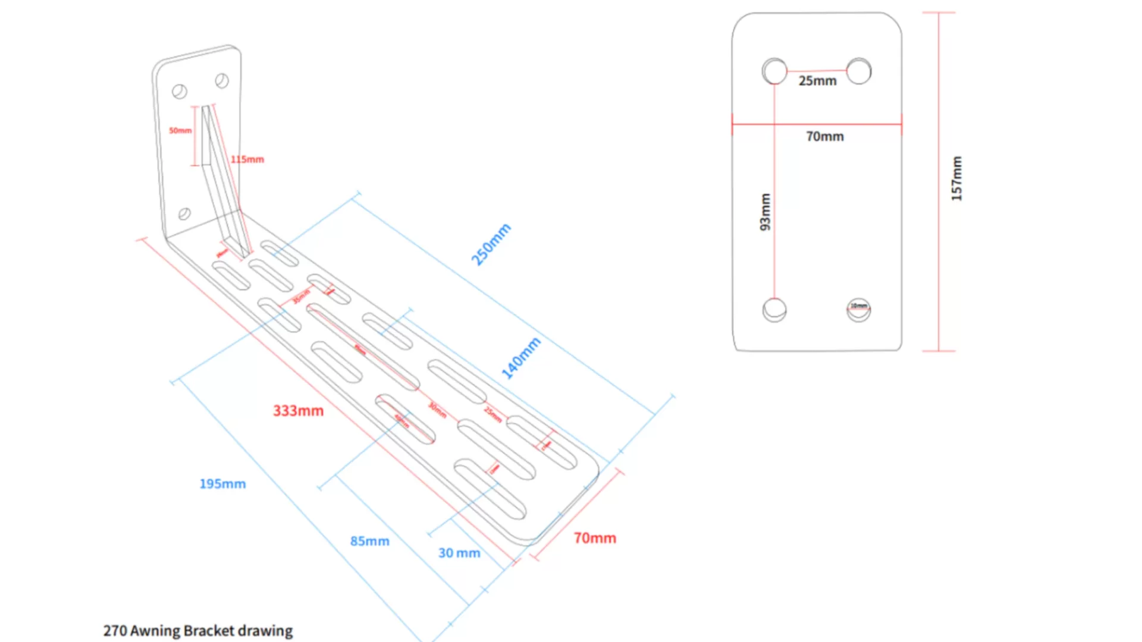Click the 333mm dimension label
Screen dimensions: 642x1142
coord(298,411)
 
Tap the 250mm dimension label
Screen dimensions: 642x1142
coord(491,244)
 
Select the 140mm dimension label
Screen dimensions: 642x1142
coord(521,358)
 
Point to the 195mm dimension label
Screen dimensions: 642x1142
coord(222,484)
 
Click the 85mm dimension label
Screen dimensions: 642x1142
coord(369,541)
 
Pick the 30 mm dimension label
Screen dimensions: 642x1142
coord(459,553)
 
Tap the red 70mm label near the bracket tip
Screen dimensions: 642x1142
coord(595,538)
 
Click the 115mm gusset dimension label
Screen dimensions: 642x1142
coord(247,159)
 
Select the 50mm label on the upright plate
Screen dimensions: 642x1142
coord(180,130)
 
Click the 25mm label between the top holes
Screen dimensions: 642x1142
coord(817,81)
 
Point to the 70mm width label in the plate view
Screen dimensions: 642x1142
coord(824,137)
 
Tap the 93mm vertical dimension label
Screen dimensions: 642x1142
coord(765,212)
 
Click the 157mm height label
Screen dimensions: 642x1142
coord(956,178)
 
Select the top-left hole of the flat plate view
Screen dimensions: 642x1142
coord(774,71)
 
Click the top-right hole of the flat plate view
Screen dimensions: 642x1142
coord(859,71)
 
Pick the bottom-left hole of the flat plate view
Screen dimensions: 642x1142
coord(774,310)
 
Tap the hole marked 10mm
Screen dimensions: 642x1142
coord(858,310)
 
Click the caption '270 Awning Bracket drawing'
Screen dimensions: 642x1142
coord(197,631)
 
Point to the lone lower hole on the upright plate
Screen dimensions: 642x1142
coord(184,213)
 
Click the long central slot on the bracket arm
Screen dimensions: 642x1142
coord(363,348)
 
